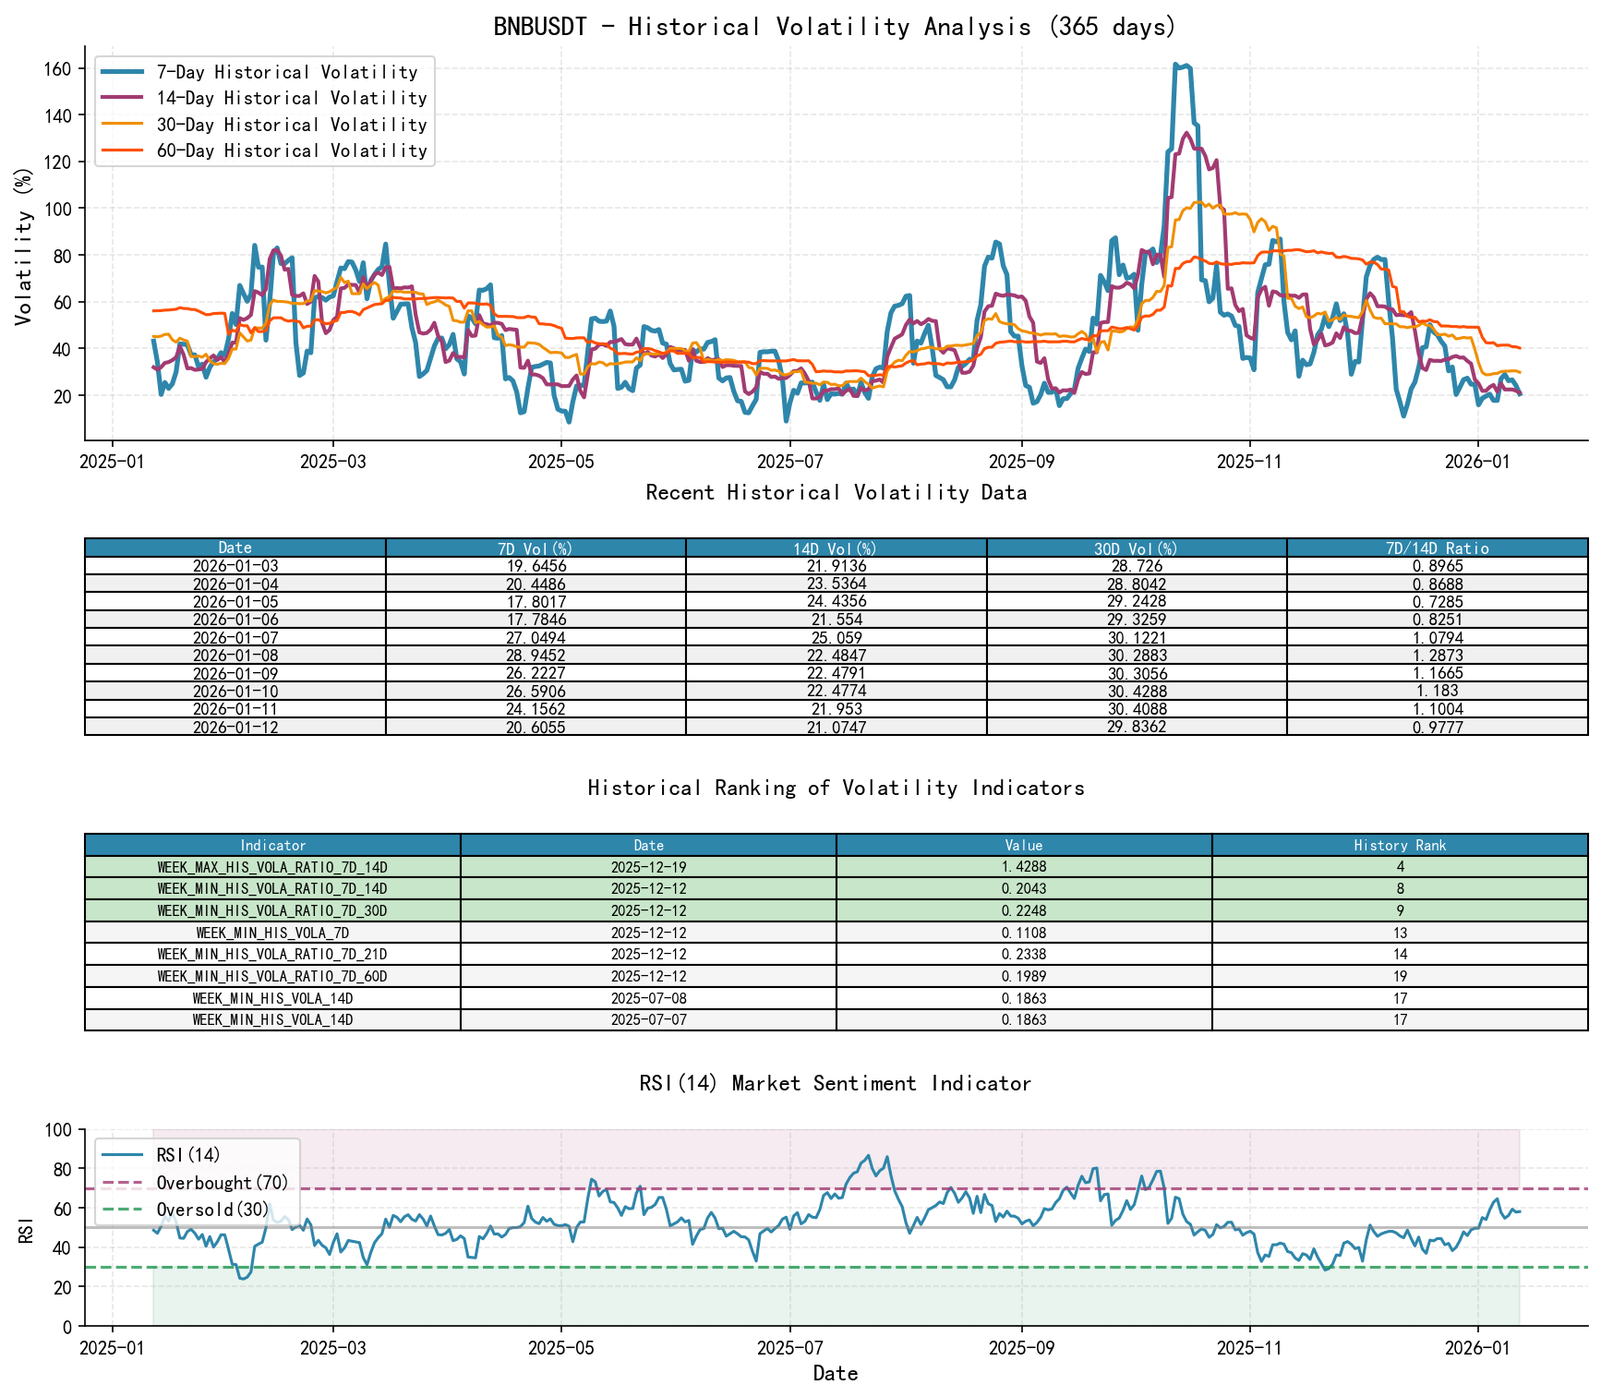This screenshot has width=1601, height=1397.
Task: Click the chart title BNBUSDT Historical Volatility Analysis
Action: tap(835, 26)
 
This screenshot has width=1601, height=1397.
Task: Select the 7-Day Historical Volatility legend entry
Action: tap(286, 72)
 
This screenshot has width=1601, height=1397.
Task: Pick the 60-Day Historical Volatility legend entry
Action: tap(291, 151)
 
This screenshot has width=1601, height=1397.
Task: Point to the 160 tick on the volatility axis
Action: tap(58, 68)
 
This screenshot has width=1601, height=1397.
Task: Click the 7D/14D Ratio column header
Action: tap(1437, 548)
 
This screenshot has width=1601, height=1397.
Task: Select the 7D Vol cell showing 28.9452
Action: tap(536, 656)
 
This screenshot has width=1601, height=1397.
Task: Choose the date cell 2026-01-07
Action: tap(235, 638)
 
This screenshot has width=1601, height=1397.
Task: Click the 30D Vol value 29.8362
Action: tap(1137, 728)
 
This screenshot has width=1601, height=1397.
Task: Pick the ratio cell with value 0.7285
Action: tap(1437, 602)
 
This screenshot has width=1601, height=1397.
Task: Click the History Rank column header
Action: tap(1400, 846)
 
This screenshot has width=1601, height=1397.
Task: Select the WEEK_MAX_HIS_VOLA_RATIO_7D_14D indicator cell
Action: tap(272, 868)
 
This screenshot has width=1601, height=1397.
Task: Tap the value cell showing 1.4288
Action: tap(1024, 868)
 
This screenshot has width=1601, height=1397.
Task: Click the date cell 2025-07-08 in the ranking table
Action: tap(648, 999)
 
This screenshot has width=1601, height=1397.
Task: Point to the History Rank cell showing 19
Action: tap(1400, 977)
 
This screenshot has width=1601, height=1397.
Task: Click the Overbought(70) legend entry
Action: tap(222, 1183)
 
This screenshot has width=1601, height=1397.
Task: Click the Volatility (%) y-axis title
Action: tap(24, 246)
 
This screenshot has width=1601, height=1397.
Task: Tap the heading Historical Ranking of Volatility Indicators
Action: tap(836, 788)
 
